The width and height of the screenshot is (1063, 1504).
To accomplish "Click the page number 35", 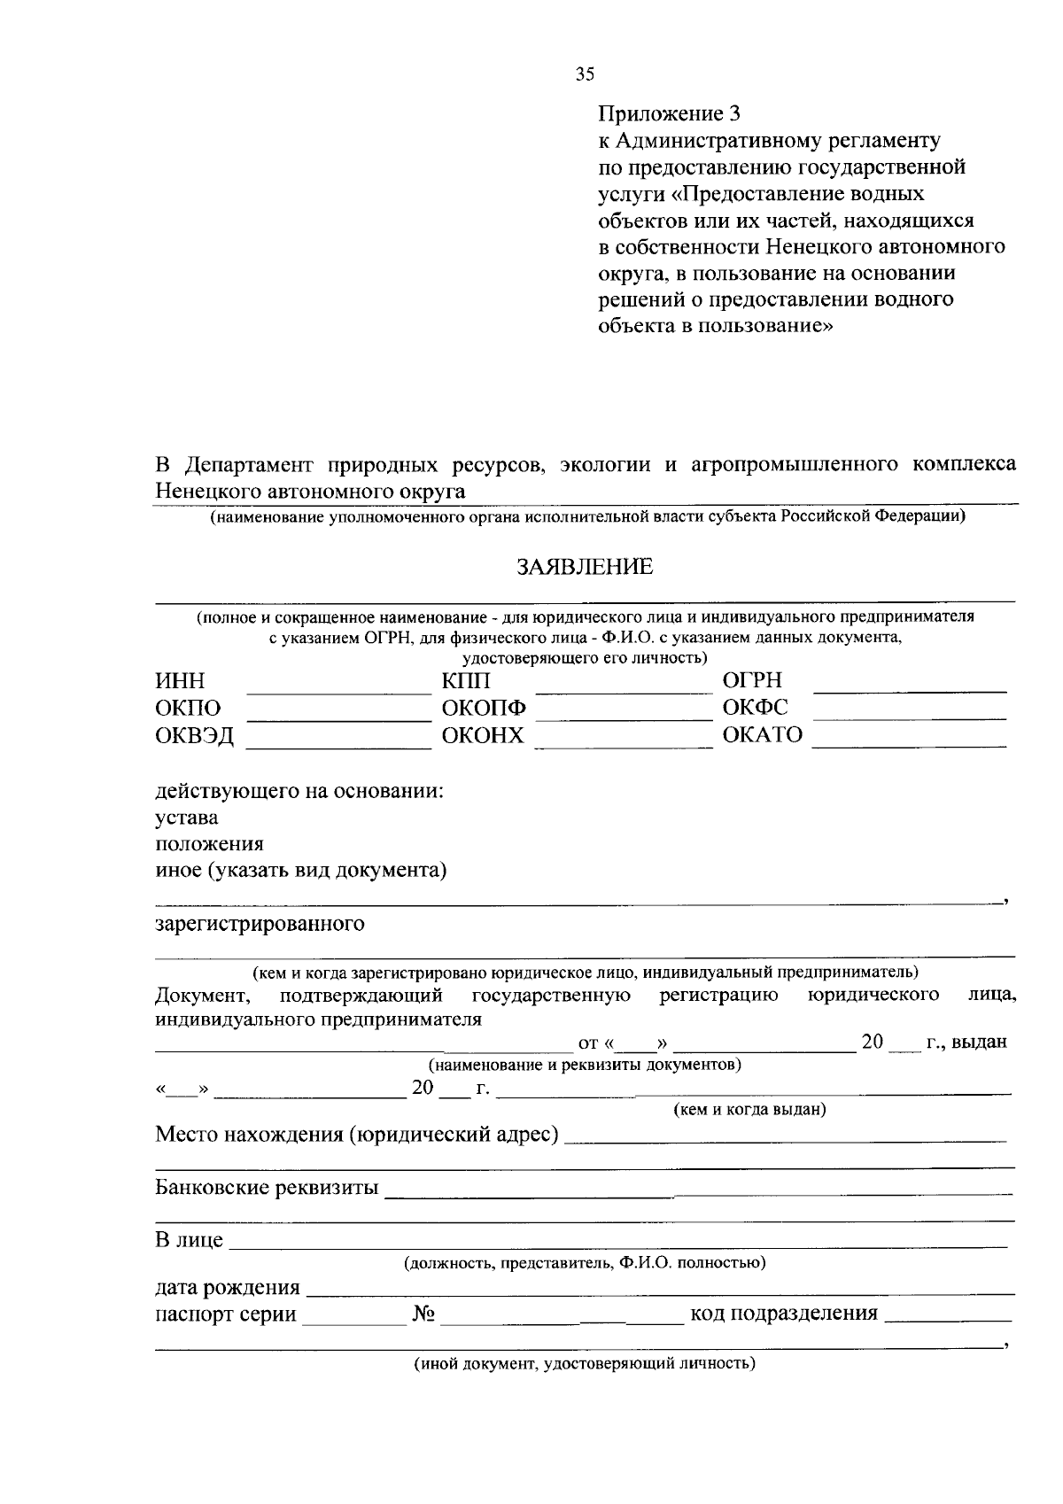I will [585, 75].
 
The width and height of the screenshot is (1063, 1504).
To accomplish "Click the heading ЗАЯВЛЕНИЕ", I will [585, 567].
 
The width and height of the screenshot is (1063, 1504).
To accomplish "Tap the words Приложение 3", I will [669, 113].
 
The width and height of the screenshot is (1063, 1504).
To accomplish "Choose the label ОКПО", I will [188, 709].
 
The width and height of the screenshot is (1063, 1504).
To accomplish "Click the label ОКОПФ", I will [484, 709].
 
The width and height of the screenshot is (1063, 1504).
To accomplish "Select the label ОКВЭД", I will [195, 736].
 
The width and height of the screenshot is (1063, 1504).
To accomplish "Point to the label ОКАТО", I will [763, 735].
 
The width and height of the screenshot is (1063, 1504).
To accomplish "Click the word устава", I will [187, 818].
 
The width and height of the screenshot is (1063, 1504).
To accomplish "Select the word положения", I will [209, 844].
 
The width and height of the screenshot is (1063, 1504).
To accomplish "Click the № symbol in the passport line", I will [423, 1314].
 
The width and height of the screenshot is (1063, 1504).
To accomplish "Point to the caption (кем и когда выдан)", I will [749, 1109].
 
